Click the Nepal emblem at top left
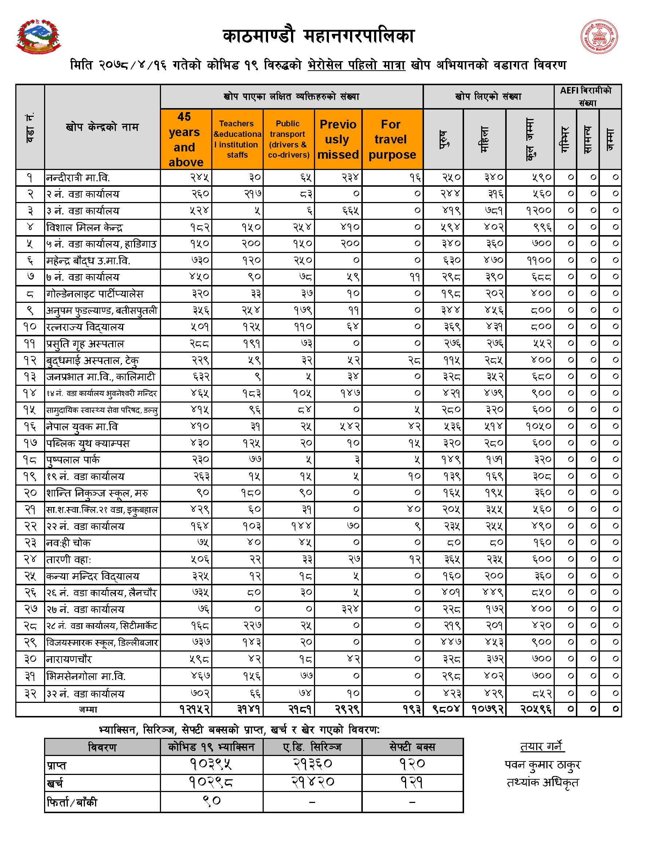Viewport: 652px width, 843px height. click(x=38, y=37)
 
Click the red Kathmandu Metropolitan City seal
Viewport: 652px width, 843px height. click(x=599, y=37)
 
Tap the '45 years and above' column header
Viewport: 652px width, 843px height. click(x=186, y=139)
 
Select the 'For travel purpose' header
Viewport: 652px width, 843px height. click(x=392, y=139)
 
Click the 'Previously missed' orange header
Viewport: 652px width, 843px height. click(x=338, y=139)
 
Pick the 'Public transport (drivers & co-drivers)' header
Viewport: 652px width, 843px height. click(x=288, y=139)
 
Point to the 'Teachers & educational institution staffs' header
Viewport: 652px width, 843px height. click(x=237, y=139)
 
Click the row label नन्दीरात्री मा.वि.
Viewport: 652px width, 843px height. click(x=78, y=178)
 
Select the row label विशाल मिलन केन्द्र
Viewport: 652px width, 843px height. click(x=85, y=228)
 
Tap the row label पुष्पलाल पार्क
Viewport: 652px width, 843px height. click(x=73, y=460)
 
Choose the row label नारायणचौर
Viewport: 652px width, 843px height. click(x=69, y=659)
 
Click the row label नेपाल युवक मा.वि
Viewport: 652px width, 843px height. click(x=82, y=427)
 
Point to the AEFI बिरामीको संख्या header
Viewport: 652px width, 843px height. click(x=587, y=96)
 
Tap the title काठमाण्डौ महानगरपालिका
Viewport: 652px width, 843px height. click(x=318, y=36)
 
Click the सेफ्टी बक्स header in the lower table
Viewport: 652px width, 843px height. click(x=412, y=747)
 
